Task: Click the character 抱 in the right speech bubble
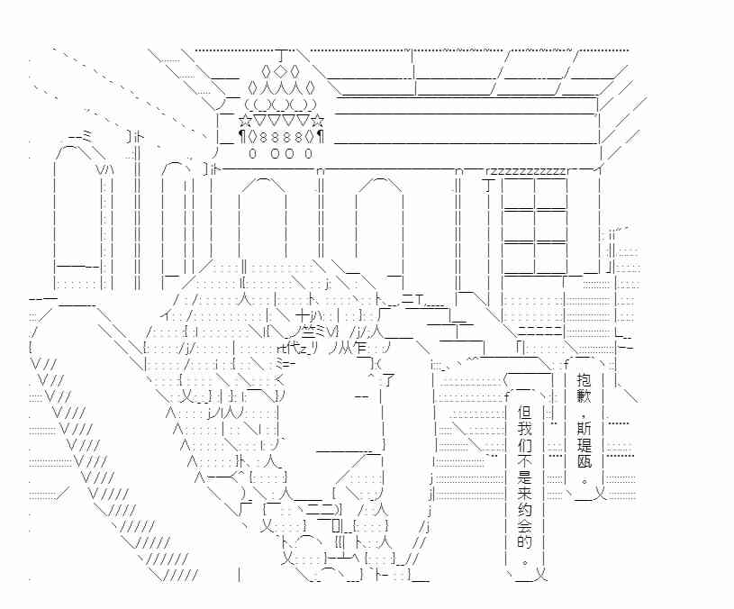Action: (x=584, y=378)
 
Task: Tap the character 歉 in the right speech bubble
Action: (x=584, y=395)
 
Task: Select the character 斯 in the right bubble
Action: (x=584, y=428)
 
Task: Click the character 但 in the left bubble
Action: (x=525, y=412)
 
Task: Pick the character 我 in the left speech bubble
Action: (x=525, y=428)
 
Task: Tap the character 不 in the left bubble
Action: (x=525, y=460)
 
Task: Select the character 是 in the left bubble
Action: (x=525, y=477)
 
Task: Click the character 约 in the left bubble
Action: (x=525, y=509)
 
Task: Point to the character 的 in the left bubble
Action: (x=525, y=541)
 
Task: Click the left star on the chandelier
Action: (x=244, y=122)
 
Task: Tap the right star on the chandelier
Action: (x=317, y=122)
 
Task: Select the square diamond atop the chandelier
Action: (x=280, y=71)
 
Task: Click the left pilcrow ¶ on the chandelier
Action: (x=241, y=137)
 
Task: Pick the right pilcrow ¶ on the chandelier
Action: (x=321, y=137)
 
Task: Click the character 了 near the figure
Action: (x=388, y=379)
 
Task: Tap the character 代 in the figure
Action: (x=293, y=348)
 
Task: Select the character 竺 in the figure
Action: (x=309, y=332)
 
